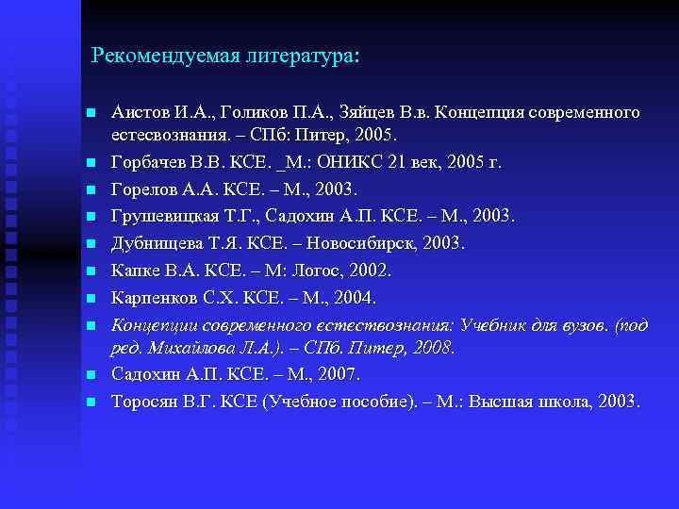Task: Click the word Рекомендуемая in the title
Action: [x=155, y=57]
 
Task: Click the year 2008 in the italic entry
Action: [x=431, y=348]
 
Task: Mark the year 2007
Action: [x=337, y=374]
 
